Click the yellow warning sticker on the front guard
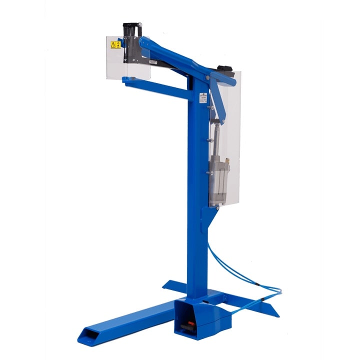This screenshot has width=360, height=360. point(115,44)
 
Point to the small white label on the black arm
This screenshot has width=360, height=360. point(153,62)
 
